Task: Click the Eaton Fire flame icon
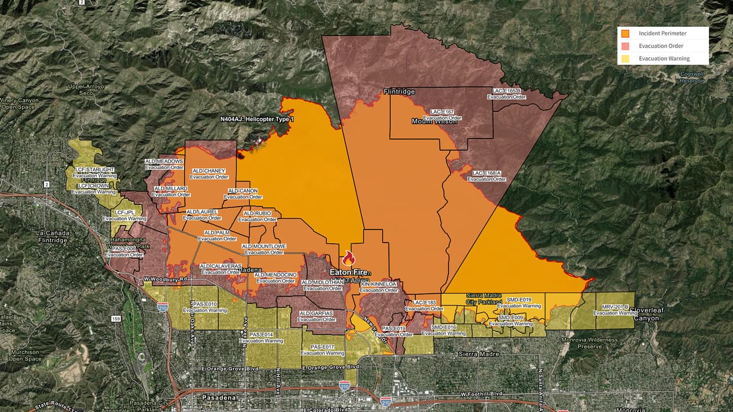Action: click(348, 258)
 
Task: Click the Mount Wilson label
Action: click(434, 121)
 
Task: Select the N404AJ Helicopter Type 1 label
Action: click(257, 119)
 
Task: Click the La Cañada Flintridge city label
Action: click(52, 237)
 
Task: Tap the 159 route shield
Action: click(116, 319)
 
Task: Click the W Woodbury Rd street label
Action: click(165, 279)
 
